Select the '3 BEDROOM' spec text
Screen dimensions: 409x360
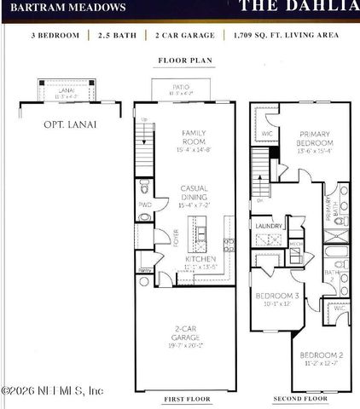point(55,36)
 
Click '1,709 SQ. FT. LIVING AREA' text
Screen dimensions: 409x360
point(286,36)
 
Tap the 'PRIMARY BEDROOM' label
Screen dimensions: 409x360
point(316,138)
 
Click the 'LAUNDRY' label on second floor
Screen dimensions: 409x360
point(269,226)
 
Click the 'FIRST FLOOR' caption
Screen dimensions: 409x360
point(184,399)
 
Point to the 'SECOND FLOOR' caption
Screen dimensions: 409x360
point(299,399)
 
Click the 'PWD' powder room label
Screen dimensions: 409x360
point(144,204)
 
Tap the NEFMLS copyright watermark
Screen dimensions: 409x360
point(53,391)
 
